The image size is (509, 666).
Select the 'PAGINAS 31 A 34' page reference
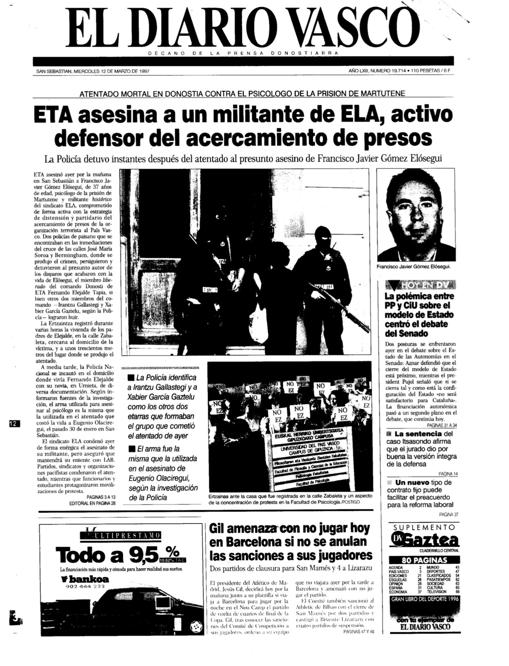pos(442,425)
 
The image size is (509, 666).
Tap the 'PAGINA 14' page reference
pos(448,474)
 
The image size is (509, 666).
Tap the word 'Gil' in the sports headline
pos(218,529)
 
